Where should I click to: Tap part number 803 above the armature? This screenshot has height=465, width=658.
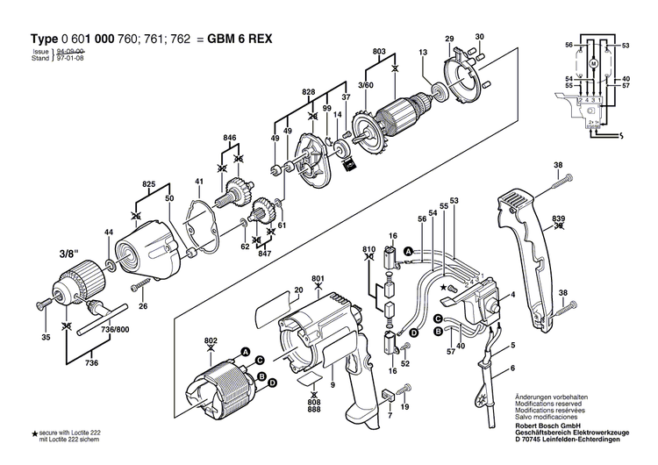(379, 52)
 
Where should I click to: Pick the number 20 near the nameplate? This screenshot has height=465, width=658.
(298, 290)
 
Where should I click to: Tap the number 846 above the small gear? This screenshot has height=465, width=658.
(230, 139)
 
